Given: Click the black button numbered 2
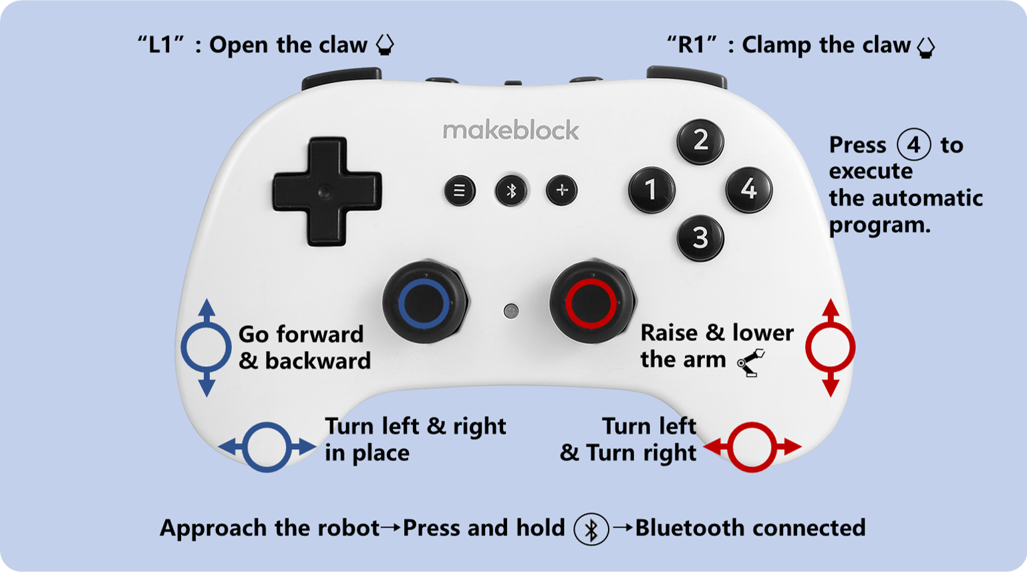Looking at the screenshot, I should point(700,140).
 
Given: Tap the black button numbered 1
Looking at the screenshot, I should point(651,190).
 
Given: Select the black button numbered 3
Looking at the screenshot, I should point(700,237).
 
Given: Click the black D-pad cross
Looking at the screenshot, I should point(327,191).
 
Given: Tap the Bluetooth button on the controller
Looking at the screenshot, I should point(511,190).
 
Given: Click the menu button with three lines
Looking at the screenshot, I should point(460,190).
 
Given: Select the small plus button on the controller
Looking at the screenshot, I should point(562,190).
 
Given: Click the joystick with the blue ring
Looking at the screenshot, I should point(423,303).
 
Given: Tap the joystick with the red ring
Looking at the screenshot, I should point(591,303).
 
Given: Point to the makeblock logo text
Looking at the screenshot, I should point(510,130).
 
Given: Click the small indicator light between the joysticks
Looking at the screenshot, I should point(511,311).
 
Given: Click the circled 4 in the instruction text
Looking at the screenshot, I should point(913,145).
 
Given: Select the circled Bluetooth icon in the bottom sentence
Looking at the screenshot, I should point(591,529).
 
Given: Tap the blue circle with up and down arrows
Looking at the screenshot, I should point(206,347).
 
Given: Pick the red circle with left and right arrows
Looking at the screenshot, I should point(752,447).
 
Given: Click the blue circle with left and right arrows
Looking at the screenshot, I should point(267,447).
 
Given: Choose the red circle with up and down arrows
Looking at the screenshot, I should point(831,347).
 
